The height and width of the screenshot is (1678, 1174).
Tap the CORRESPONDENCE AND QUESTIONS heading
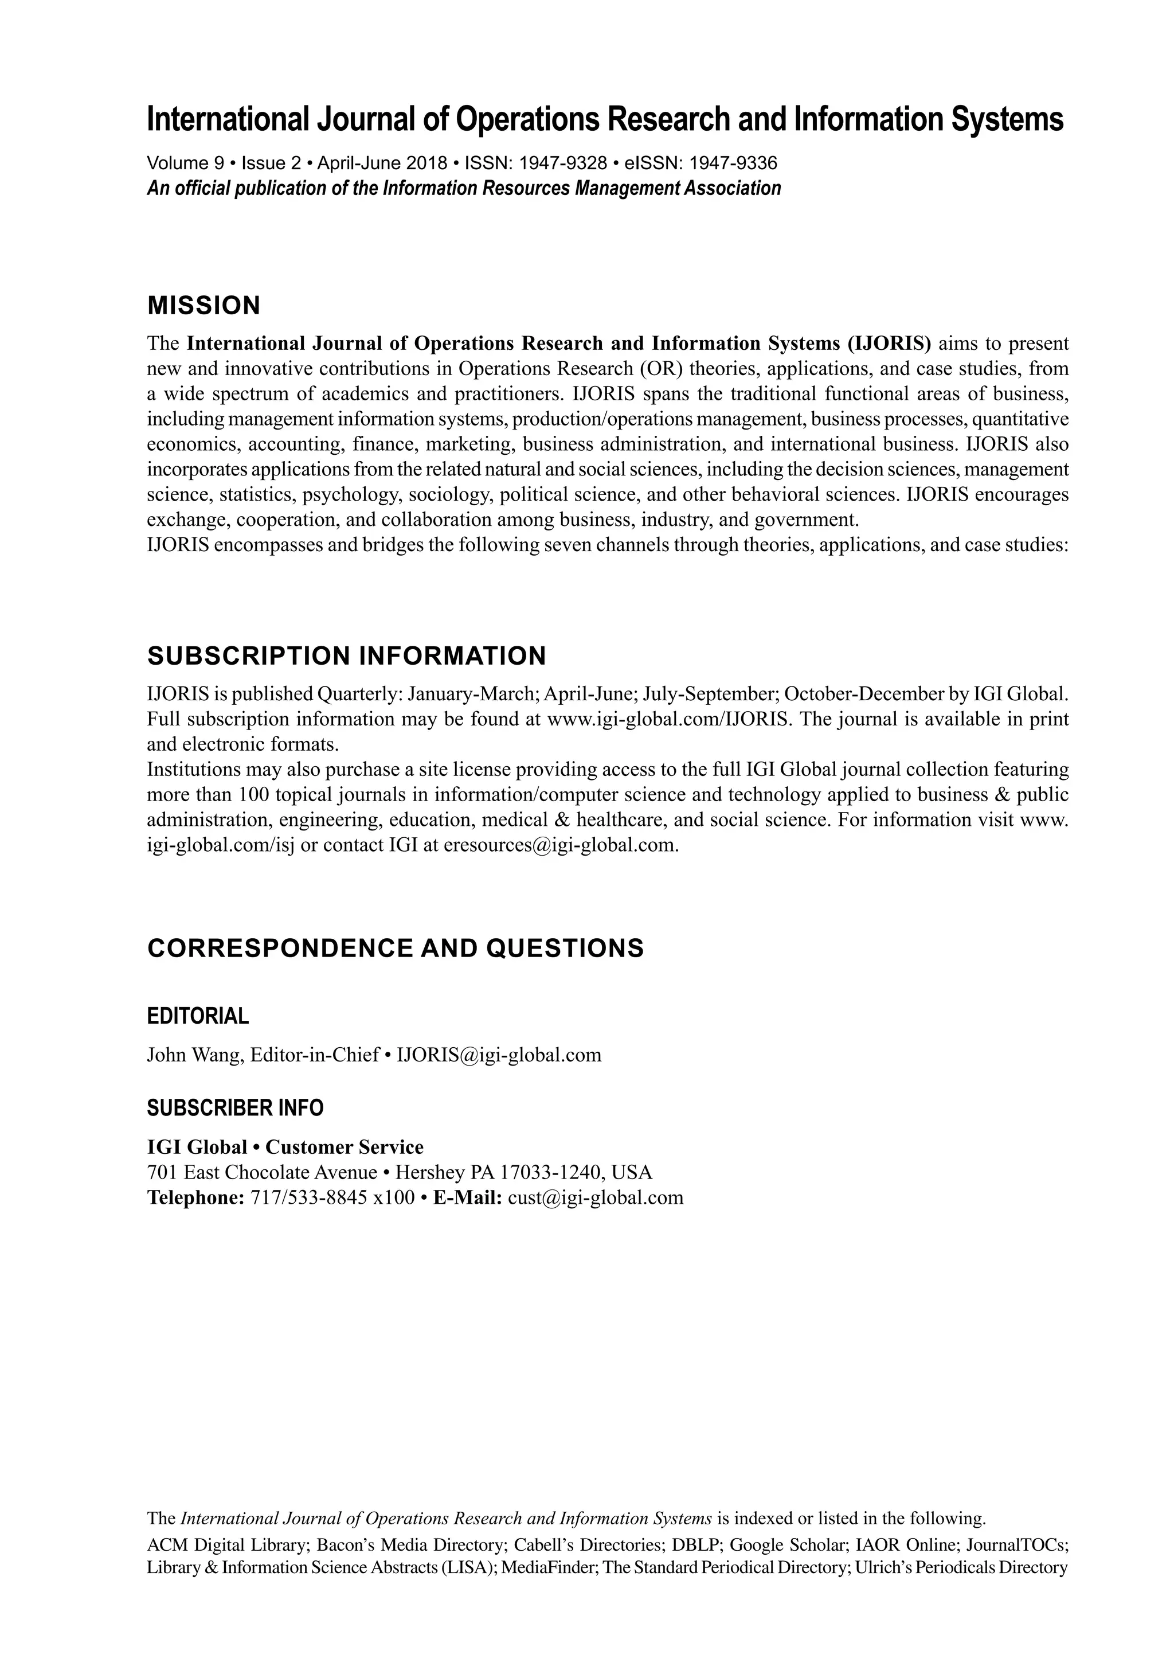395,948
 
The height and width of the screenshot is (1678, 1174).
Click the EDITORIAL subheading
198,1015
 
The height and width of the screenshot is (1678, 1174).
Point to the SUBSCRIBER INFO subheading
235,1108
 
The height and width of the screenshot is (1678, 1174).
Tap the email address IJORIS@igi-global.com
499,1055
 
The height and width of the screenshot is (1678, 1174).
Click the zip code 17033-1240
551,1172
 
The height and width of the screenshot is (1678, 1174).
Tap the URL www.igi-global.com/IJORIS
668,719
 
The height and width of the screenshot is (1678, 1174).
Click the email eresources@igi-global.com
561,845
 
